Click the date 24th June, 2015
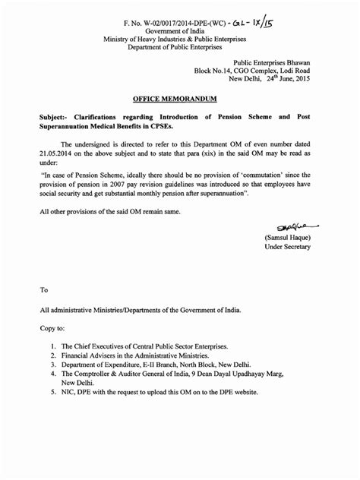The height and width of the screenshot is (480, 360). click(x=285, y=80)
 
